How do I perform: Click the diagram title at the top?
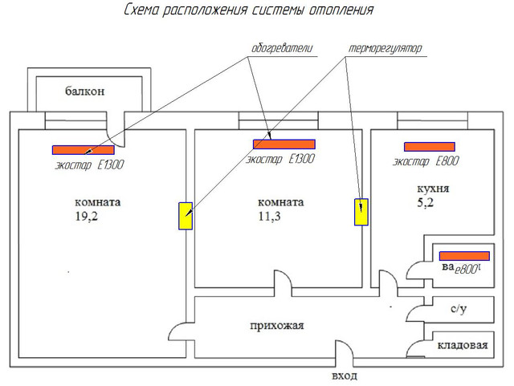[249, 11]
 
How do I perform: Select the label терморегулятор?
[385, 48]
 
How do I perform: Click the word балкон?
[84, 91]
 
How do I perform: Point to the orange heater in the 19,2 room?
[84, 149]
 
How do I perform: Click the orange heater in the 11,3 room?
[284, 144]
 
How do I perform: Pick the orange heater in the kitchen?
[429, 147]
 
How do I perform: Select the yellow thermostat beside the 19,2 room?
[186, 216]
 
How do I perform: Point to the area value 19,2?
[87, 217]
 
